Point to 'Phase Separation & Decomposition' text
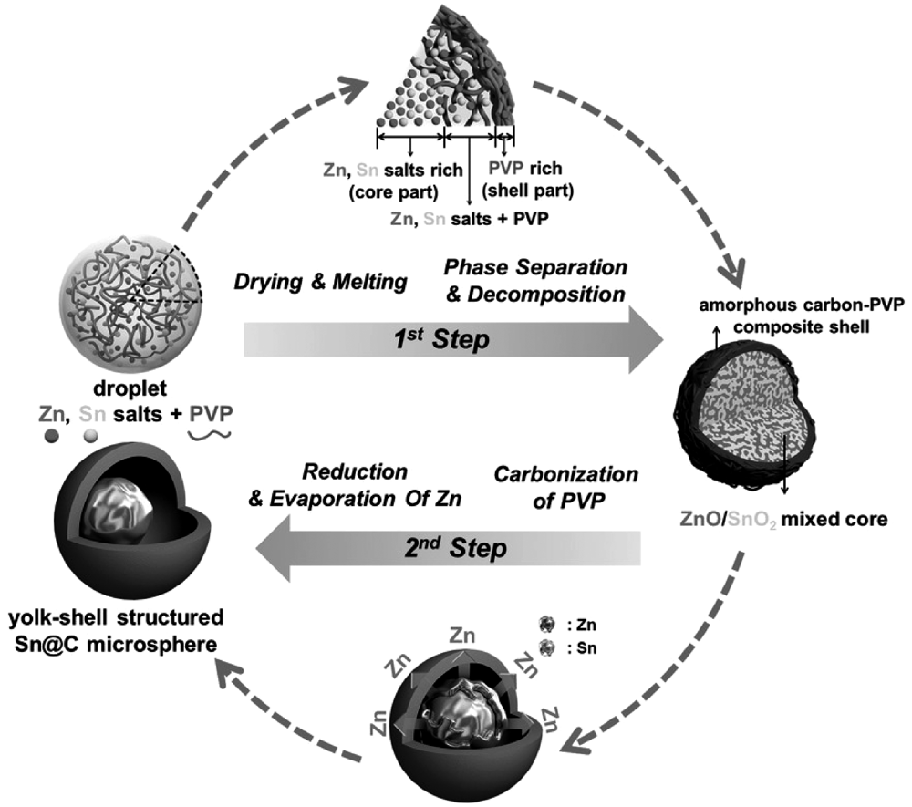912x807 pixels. pos(535,281)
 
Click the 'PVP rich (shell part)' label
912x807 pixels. pos(531,180)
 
